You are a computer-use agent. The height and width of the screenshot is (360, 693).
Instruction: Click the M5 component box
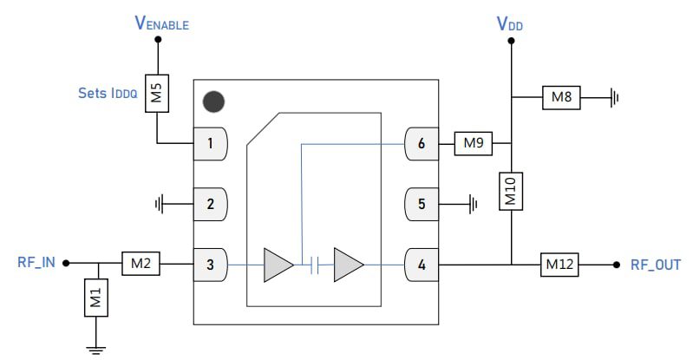point(157,93)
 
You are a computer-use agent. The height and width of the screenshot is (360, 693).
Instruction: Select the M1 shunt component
point(96,298)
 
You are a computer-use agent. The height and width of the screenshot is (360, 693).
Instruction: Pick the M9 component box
point(473,143)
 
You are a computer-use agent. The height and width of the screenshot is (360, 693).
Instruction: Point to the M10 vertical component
point(511,190)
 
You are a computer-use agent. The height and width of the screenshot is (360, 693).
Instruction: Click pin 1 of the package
point(210,144)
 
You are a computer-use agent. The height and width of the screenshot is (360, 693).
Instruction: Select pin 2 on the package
point(210,205)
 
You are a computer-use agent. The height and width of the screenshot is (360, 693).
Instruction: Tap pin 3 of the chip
point(210,264)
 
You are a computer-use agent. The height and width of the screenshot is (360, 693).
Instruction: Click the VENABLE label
point(162,23)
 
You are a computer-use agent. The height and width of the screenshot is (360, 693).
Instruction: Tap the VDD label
point(510,23)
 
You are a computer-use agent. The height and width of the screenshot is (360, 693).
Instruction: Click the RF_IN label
point(36,263)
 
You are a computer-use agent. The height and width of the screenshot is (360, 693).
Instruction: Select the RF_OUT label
point(656,264)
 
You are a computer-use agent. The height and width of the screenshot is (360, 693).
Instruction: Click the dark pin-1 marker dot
point(213,101)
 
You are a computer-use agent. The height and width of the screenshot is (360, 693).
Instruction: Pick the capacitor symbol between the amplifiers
point(316,265)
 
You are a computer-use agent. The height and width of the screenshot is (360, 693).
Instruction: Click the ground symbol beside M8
point(614,97)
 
